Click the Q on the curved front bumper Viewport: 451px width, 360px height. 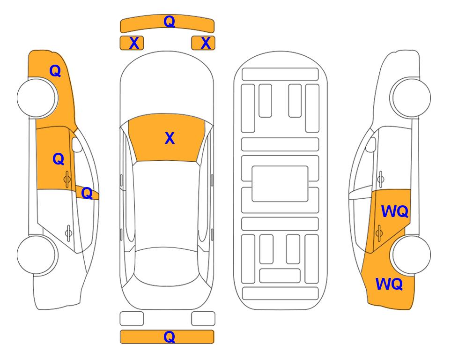pos(169,21)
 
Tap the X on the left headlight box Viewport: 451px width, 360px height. pos(134,43)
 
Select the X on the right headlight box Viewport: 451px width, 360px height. pos(206,43)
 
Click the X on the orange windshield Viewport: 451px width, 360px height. pos(170,138)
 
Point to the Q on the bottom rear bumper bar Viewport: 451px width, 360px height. pos(169,337)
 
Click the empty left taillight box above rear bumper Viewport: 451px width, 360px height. pos(132,319)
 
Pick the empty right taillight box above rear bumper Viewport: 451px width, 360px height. pos(203,319)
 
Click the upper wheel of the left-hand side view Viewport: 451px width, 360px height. pos(37,98)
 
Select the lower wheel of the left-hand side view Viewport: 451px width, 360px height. pos(37,255)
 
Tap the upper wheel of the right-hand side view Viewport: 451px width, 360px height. pos(411,97)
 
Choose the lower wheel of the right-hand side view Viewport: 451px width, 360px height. pos(411,255)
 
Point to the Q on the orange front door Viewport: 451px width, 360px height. pos(59,159)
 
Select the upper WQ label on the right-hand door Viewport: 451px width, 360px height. pos(395,212)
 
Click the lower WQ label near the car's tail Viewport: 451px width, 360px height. pos(389,284)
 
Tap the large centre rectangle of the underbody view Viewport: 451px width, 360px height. pos(280,184)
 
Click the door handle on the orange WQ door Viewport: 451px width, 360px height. pos(379,233)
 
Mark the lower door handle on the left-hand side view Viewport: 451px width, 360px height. pos(68,232)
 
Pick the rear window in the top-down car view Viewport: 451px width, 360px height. pos(168,266)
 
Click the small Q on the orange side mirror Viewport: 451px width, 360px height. pos(87,193)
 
